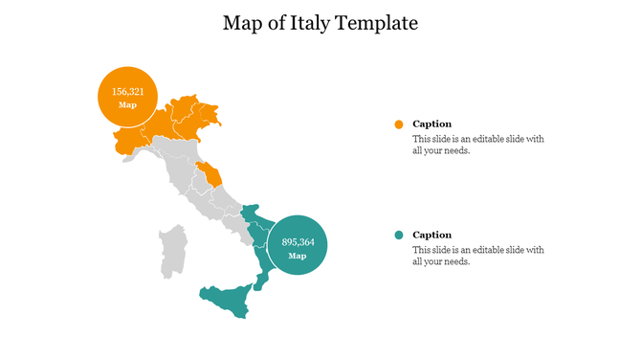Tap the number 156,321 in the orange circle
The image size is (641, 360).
[127, 92]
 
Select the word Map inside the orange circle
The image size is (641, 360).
[127, 105]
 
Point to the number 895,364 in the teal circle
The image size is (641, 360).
[298, 242]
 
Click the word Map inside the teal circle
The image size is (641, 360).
[298, 256]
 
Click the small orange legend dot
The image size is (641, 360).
[398, 124]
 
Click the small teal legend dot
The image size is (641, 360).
[398, 236]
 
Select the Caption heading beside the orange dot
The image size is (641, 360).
[431, 124]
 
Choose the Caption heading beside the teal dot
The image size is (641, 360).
[431, 236]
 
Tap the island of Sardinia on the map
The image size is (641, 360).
[172, 252]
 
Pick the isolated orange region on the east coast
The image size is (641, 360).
[210, 173]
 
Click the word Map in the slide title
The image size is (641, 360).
[243, 23]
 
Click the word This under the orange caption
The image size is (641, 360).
[422, 139]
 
